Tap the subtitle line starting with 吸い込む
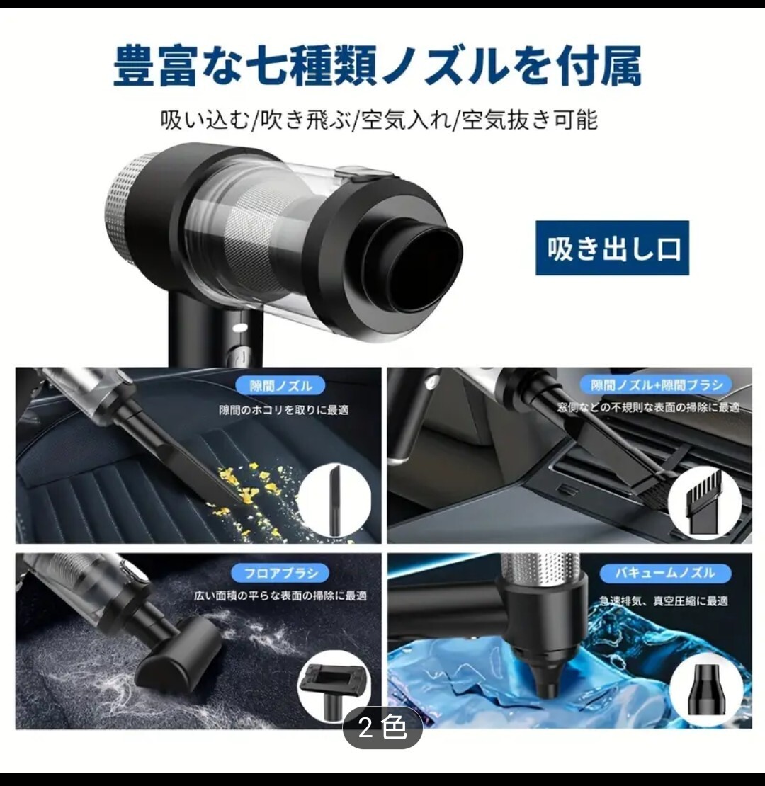pyautogui.click(x=379, y=120)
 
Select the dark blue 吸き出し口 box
pyautogui.click(x=612, y=248)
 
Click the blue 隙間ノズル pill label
pyautogui.click(x=280, y=385)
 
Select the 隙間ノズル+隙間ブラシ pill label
pyautogui.click(x=656, y=385)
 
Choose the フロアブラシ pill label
pyautogui.click(x=280, y=572)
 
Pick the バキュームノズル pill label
pyautogui.click(x=664, y=572)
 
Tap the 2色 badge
pyautogui.click(x=382, y=727)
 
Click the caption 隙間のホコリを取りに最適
pyautogui.click(x=284, y=410)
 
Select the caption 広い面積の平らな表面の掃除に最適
pyautogui.click(x=280, y=596)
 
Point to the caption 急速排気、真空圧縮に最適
pyautogui.click(x=664, y=600)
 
